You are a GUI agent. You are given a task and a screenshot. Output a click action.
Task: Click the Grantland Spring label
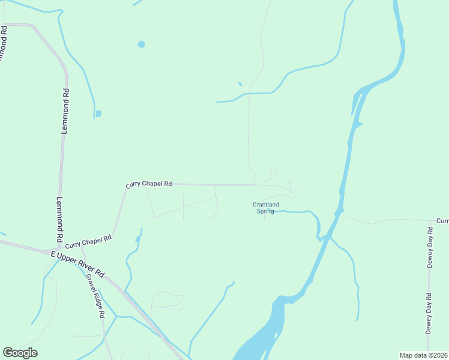click(x=265, y=208)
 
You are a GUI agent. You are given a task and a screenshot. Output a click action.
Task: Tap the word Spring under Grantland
click(x=265, y=211)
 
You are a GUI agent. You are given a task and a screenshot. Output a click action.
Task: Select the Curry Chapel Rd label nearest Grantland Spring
click(x=149, y=184)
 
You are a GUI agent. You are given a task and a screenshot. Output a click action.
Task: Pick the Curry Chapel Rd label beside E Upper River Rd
click(x=88, y=242)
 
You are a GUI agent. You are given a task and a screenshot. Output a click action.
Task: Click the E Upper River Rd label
click(x=77, y=263)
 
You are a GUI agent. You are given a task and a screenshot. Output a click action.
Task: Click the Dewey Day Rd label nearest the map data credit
click(x=429, y=313)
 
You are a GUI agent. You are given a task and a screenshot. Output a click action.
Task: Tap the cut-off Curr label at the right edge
click(x=442, y=221)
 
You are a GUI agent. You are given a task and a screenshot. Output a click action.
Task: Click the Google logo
click(x=20, y=353)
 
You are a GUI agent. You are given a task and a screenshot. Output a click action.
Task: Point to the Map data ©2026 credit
click(x=423, y=355)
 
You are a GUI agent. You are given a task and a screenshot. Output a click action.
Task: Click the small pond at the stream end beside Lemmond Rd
click(x=98, y=113)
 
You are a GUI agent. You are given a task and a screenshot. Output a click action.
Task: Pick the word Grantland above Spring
click(x=265, y=205)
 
